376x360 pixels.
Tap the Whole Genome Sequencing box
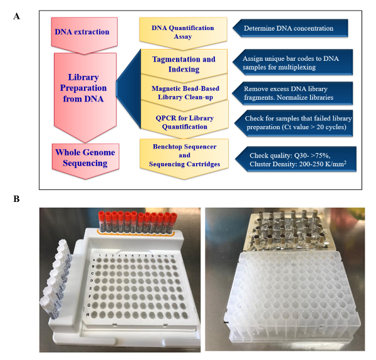[83, 158]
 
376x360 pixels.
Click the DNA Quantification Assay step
[183, 32]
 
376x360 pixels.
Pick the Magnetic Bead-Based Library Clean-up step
[184, 93]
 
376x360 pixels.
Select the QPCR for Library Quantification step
[184, 122]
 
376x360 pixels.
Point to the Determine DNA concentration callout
[292, 28]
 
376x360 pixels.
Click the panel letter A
[16, 16]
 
